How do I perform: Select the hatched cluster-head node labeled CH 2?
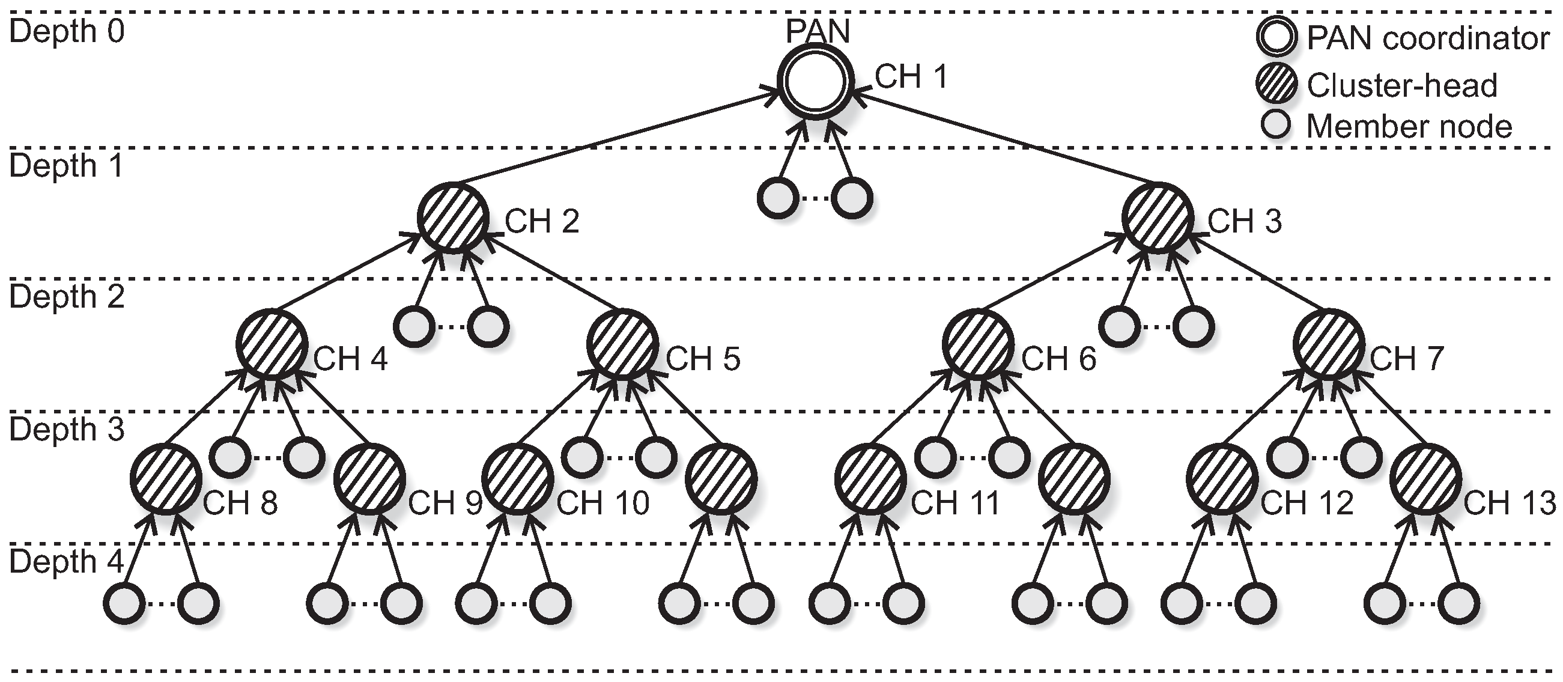pos(453,218)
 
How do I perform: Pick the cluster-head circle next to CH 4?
pos(272,345)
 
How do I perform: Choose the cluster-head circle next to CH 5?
pos(622,345)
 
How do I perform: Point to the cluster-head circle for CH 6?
pos(977,345)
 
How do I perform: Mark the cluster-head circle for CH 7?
pos(1329,345)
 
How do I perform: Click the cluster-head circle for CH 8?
pos(165,480)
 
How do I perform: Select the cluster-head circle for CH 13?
pos(1425,480)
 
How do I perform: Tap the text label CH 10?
pos(602,504)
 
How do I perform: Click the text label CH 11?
pos(954,504)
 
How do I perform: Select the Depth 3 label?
pos(67,430)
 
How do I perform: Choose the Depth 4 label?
pos(67,562)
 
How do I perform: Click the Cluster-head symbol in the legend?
pos(1276,84)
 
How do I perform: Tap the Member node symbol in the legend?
pos(1276,126)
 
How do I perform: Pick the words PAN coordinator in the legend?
pos(1428,39)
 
